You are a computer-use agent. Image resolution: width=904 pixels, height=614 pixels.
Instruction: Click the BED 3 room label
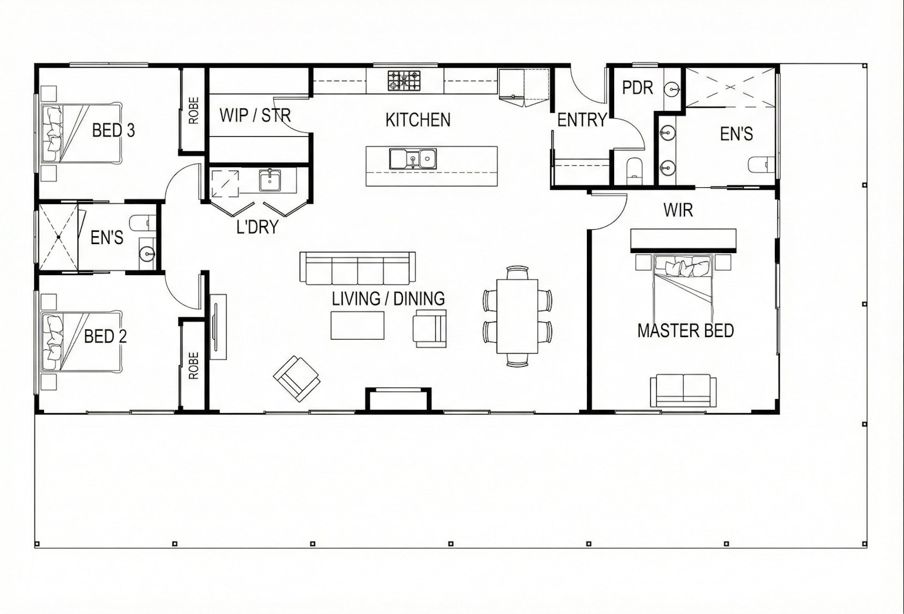pos(114,130)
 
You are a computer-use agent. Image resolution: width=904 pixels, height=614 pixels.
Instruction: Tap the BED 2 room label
pos(105,336)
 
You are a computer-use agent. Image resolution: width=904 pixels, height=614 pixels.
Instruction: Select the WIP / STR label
pos(255,116)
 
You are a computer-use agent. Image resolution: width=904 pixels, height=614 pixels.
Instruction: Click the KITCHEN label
pos(418,120)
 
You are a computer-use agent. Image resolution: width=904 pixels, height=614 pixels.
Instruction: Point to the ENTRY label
pos(582,120)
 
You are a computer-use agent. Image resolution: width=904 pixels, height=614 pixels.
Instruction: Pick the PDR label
pos(638,88)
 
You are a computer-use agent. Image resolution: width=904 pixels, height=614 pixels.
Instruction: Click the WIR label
pos(678,210)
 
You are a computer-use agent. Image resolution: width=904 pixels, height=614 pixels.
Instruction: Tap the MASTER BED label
pos(686,331)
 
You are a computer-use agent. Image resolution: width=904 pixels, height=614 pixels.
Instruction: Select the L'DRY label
pos(258,227)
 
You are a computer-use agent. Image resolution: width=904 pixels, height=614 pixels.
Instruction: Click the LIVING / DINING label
pos(388,299)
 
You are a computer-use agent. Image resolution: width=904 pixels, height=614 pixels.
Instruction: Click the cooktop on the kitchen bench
pos(404,81)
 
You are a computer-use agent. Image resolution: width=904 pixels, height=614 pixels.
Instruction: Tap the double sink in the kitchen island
pos(413,159)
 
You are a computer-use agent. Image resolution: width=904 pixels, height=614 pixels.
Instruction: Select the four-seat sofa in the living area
pos(358,269)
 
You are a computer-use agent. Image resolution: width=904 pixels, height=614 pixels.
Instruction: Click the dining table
pos(517,316)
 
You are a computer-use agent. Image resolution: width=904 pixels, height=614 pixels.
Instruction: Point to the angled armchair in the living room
pos(296,378)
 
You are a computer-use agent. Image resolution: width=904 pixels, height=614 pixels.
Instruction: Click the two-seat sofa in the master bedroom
pos(683,390)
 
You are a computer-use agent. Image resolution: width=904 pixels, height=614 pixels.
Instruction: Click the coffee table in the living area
pos(358,325)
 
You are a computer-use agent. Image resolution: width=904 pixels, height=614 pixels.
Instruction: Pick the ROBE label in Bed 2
pos(194,366)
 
